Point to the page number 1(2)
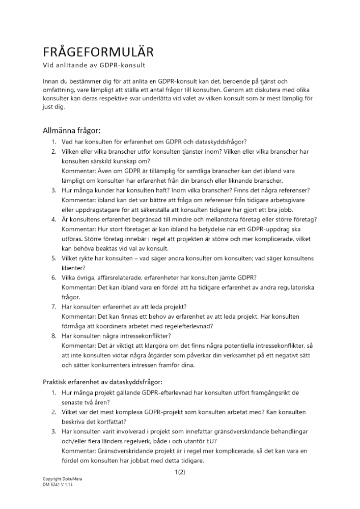pyautogui.click(x=179, y=472)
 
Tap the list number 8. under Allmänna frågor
pyautogui.click(x=53, y=335)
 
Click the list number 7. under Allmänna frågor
pyautogui.click(x=53, y=306)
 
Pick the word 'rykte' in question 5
pyautogui.click(x=90, y=258)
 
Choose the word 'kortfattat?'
pyautogui.click(x=108, y=421)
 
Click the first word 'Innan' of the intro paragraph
pyautogui.click(x=51, y=81)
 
